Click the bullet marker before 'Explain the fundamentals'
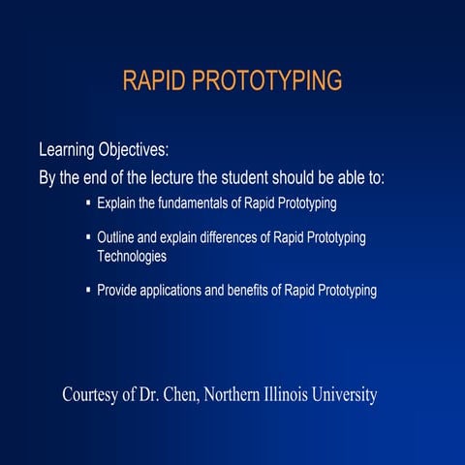tap(88, 204)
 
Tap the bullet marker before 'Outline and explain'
tap(88, 237)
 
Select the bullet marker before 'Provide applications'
tap(88, 291)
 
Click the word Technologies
tap(132, 257)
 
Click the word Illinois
tap(292, 395)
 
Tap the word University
tap(348, 395)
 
